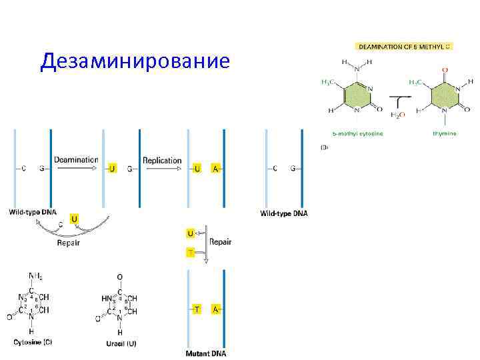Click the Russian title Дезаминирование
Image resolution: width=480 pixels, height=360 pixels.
[135, 61]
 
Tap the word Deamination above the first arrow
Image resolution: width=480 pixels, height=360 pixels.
[76, 160]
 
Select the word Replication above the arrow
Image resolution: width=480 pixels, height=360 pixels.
[162, 160]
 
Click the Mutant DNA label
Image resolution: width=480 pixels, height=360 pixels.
[205, 353]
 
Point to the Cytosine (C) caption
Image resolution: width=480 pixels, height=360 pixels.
[33, 342]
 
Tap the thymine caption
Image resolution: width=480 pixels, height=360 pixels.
[444, 133]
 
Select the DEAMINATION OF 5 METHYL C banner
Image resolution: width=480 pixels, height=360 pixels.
[405, 47]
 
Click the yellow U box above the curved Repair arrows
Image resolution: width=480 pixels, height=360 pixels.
[73, 219]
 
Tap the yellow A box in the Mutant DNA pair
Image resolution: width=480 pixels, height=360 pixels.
[215, 309]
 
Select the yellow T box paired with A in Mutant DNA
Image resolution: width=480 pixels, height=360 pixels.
[197, 309]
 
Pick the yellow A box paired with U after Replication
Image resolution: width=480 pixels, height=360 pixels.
[215, 169]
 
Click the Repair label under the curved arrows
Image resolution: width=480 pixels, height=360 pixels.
[68, 243]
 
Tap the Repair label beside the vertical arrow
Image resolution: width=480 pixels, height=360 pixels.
[221, 242]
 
